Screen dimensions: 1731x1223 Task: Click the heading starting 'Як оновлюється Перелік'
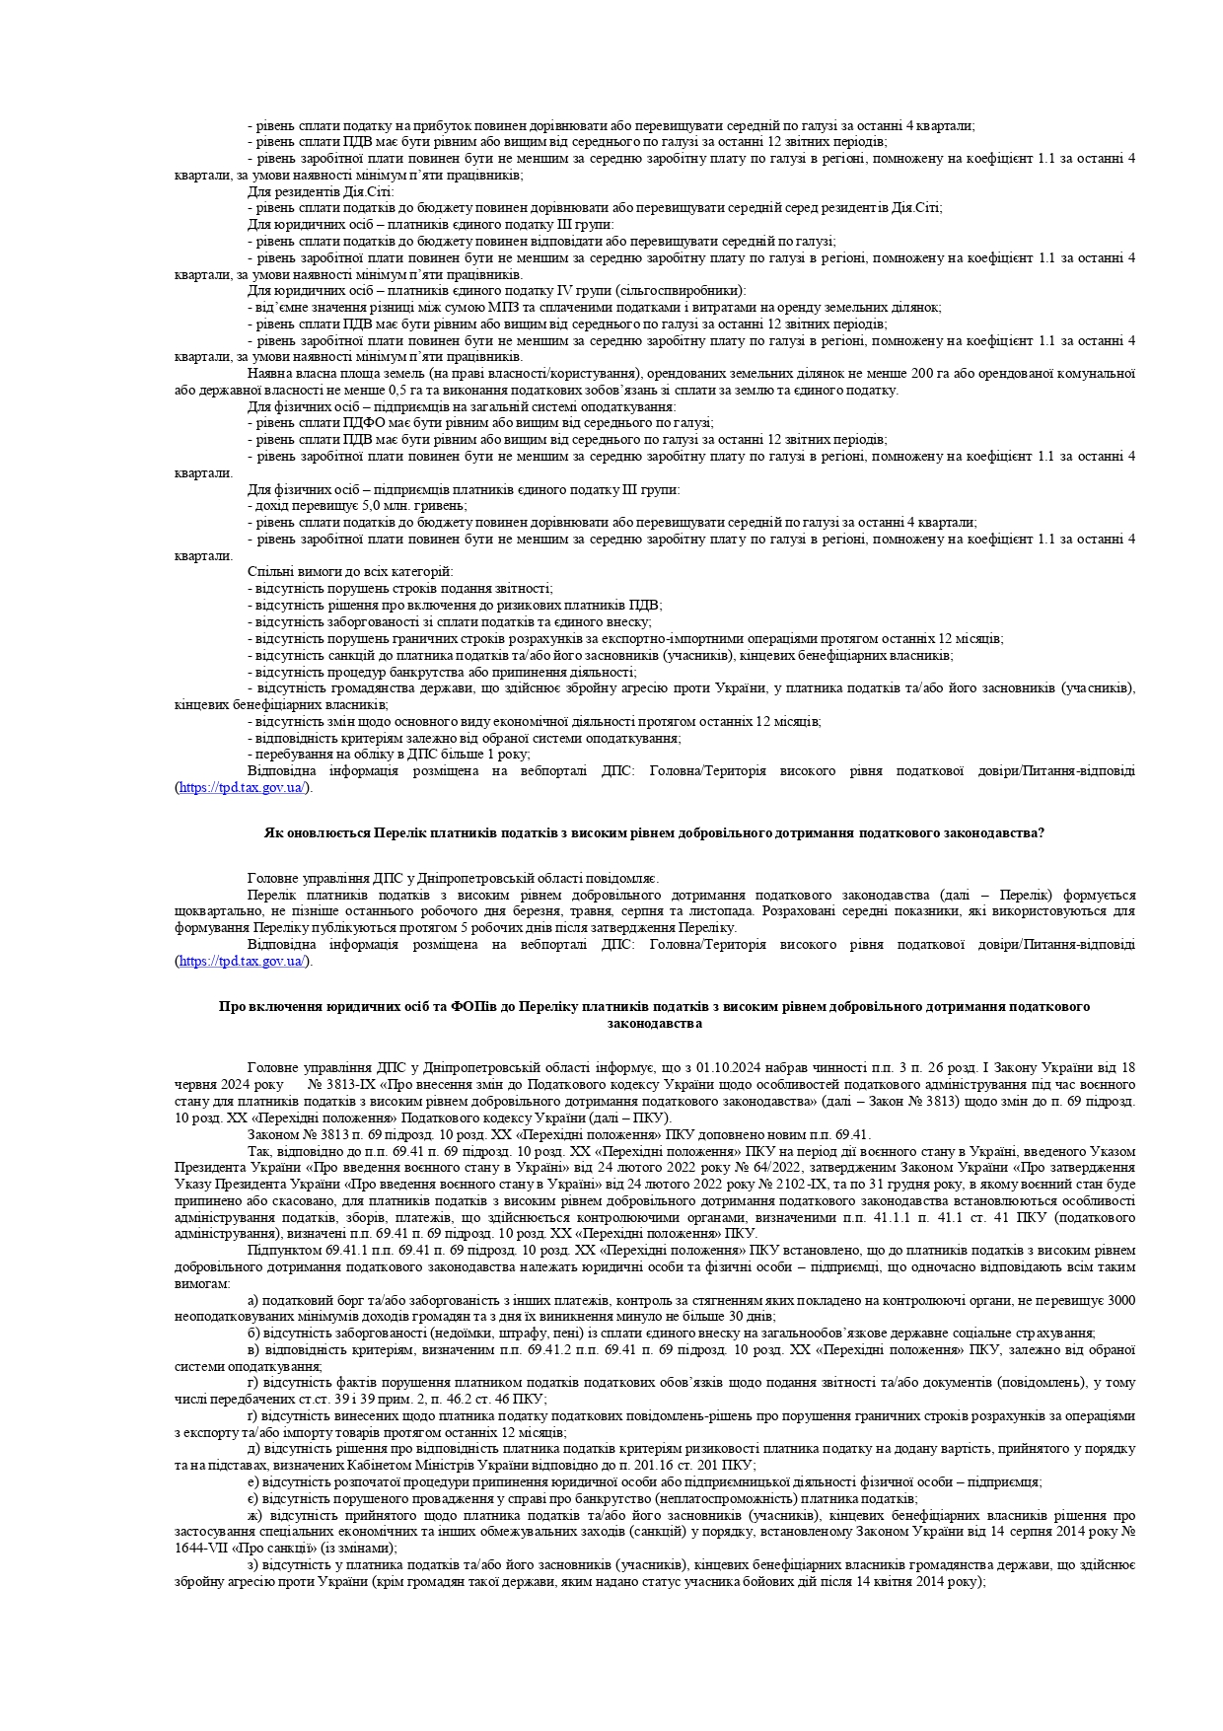[x=654, y=833]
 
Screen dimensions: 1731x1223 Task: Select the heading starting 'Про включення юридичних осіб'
[x=654, y=1007]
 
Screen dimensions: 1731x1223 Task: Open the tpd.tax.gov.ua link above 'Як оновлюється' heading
[x=243, y=788]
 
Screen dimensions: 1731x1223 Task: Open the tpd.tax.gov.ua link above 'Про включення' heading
[x=243, y=962]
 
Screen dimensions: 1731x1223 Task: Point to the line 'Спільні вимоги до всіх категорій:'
[x=350, y=572]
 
